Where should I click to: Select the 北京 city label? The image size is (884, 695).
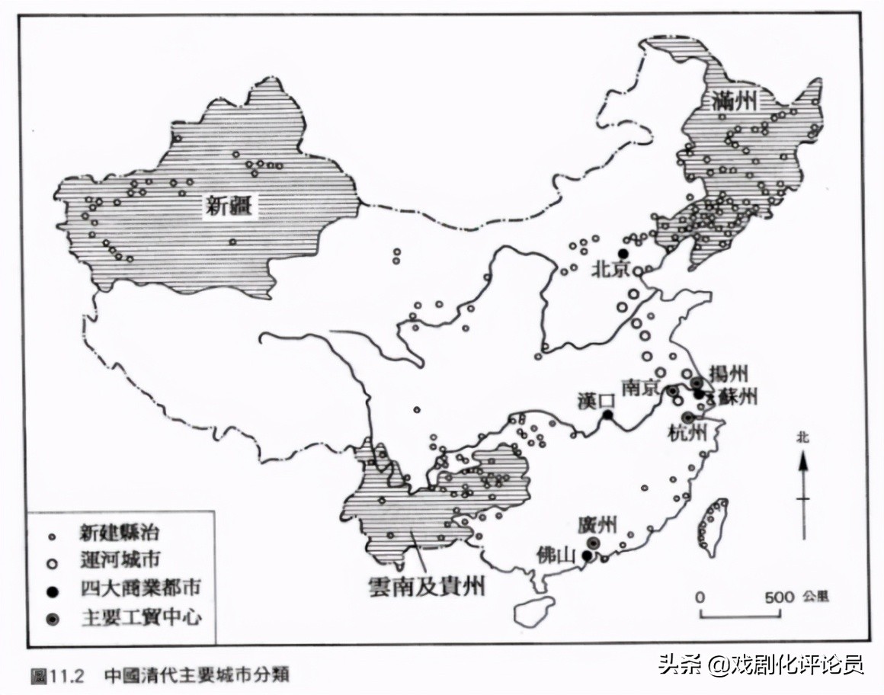611,270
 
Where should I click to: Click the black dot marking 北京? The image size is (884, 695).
623,254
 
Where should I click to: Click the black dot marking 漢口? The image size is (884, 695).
608,415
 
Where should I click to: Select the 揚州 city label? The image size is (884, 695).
729,373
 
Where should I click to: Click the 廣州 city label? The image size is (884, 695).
597,526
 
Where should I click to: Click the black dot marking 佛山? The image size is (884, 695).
586,556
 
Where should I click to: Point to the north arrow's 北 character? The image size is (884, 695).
802,437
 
